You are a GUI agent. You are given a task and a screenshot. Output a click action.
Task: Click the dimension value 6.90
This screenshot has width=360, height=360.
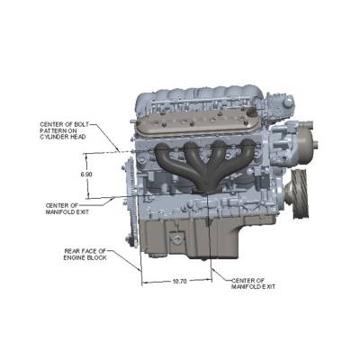[86, 175]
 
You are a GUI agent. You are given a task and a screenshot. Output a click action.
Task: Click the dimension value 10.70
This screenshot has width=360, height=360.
[179, 282]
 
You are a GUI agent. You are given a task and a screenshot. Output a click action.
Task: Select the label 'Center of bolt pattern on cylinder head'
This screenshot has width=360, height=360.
[65, 130]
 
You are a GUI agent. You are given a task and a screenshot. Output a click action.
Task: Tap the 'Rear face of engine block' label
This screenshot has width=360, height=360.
[85, 254]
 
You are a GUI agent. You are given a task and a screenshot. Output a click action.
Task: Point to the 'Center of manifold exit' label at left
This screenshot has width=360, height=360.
[67, 209]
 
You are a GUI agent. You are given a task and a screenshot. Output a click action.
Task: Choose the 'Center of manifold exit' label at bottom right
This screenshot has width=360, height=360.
[253, 283]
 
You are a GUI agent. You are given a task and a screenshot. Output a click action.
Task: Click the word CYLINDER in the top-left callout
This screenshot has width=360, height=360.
[53, 137]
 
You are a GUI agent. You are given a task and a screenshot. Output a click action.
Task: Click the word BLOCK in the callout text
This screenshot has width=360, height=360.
[96, 257]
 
